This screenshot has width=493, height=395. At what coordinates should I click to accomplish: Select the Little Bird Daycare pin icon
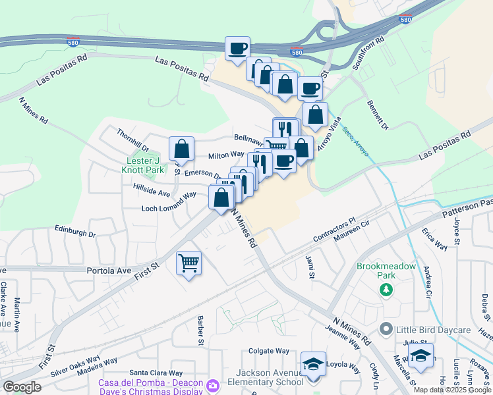(386, 329)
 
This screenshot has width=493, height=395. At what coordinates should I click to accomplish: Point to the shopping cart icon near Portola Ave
(188, 263)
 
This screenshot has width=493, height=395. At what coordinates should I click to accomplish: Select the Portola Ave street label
(110, 270)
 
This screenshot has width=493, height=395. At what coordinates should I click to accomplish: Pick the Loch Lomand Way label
(169, 208)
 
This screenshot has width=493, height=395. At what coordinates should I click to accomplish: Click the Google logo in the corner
(21, 386)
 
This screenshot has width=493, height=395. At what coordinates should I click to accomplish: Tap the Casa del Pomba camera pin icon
(212, 385)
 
